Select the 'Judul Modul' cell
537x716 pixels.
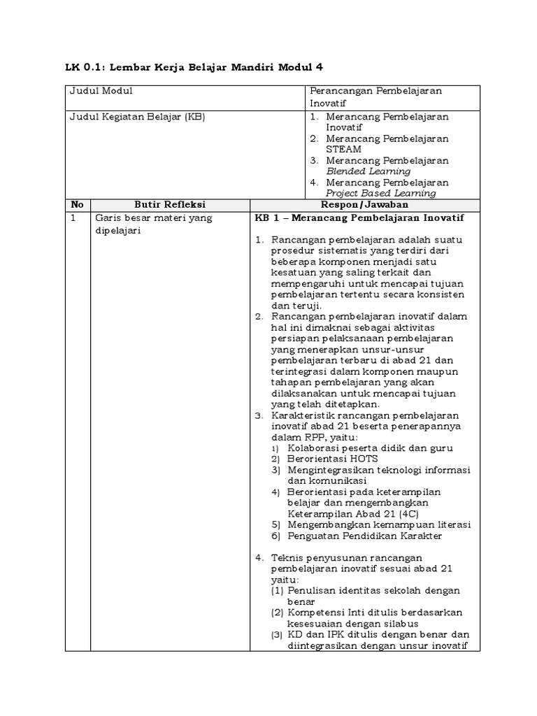101,91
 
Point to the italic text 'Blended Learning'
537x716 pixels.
368,171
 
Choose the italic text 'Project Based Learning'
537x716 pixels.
381,193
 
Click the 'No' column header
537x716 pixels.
77,205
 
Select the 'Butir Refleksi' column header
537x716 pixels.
169,205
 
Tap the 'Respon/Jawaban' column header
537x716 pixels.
364,205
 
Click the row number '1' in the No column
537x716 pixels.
73,218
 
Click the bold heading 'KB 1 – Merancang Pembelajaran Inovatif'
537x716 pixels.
359,218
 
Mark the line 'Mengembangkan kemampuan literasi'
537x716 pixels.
378,524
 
